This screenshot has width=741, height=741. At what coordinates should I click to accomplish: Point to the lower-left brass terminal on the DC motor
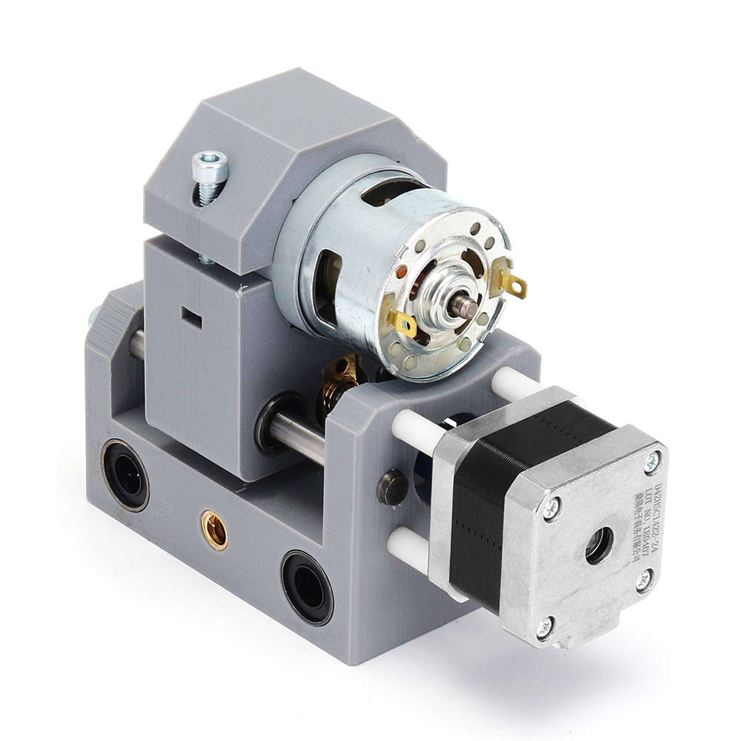pos(399,319)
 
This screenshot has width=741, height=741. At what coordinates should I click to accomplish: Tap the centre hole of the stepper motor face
pos(599,545)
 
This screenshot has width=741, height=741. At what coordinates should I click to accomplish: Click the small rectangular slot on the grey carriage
pos(191,319)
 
